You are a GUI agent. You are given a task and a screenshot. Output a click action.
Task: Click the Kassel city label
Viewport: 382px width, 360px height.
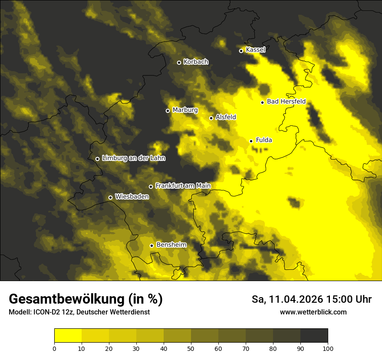pyautogui.click(x=255, y=50)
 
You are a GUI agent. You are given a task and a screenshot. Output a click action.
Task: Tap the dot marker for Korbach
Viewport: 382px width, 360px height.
pyautogui.click(x=179, y=62)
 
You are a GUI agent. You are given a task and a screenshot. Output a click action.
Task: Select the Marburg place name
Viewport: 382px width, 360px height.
pyautogui.click(x=185, y=110)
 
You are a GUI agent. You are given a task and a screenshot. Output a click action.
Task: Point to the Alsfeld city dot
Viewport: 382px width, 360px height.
pyautogui.click(x=211, y=118)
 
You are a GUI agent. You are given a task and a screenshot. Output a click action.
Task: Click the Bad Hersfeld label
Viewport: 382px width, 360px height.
pyautogui.click(x=286, y=101)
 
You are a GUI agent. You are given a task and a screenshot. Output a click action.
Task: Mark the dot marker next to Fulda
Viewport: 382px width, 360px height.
pyautogui.click(x=251, y=141)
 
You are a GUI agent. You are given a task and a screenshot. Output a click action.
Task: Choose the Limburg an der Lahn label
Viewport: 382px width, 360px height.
pyautogui.click(x=133, y=158)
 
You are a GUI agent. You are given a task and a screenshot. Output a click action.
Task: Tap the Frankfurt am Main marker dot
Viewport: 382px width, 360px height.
pyautogui.click(x=151, y=187)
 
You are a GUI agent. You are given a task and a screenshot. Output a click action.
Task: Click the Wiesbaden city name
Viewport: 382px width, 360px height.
pyautogui.click(x=132, y=196)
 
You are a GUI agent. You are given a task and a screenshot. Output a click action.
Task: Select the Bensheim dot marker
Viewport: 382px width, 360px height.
pyautogui.click(x=151, y=245)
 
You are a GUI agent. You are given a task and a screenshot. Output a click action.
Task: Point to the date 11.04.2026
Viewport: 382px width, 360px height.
pyautogui.click(x=295, y=299)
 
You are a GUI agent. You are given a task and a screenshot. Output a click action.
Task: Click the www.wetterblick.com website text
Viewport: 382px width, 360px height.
pyautogui.click(x=313, y=312)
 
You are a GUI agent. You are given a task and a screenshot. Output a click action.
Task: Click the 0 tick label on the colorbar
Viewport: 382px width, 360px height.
pyautogui.click(x=54, y=348)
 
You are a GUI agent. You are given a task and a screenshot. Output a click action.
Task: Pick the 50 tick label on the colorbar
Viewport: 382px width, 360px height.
pyautogui.click(x=191, y=348)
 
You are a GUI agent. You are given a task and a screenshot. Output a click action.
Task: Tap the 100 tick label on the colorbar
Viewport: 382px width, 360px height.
pyautogui.click(x=328, y=348)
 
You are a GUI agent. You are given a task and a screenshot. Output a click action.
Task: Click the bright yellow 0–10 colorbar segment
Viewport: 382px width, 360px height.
pyautogui.click(x=68, y=335)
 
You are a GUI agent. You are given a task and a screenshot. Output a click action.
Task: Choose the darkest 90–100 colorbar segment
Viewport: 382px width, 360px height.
pyautogui.click(x=314, y=335)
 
